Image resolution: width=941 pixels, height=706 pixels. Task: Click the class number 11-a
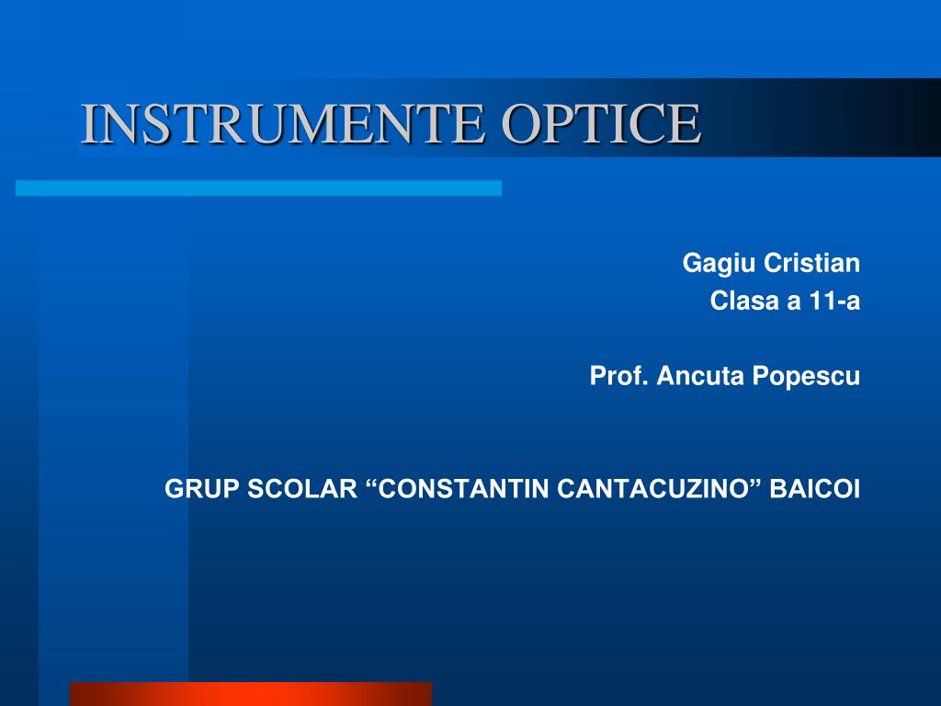click(835, 302)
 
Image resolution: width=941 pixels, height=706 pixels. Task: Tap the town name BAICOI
click(815, 489)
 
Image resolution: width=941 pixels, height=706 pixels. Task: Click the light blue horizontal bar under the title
click(258, 188)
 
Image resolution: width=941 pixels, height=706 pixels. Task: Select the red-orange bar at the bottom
click(250, 693)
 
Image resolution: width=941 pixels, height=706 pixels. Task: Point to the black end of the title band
click(910, 118)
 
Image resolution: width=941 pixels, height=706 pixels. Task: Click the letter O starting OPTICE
click(520, 124)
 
